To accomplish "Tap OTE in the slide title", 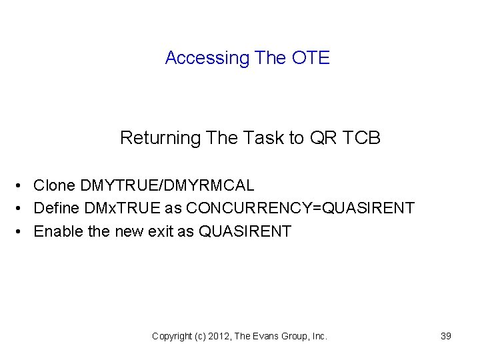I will [311, 58].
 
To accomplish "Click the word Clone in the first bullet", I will [53, 185].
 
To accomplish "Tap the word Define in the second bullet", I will [57, 209].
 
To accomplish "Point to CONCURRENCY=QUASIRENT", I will [300, 209].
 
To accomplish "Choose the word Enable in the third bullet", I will [58, 231].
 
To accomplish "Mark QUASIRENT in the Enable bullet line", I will [245, 231].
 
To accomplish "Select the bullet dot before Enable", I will [22, 232].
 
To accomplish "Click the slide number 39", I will [446, 336].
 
